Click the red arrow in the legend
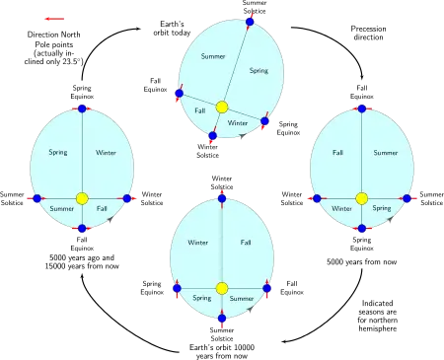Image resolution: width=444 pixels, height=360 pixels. (x=54, y=19)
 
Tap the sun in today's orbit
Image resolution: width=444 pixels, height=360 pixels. (x=222, y=108)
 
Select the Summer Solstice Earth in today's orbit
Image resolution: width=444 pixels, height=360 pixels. (x=250, y=22)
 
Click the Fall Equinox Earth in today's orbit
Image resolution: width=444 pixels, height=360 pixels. (x=180, y=93)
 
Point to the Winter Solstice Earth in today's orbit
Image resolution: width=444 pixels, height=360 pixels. (x=213, y=135)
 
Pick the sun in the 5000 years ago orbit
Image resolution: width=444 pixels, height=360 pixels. (x=82, y=198)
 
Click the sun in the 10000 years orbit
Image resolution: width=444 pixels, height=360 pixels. (x=222, y=288)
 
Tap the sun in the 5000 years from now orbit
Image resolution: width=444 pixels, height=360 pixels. (x=362, y=198)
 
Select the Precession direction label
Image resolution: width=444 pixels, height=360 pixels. (x=368, y=33)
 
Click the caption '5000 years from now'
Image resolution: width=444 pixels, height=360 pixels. (x=361, y=262)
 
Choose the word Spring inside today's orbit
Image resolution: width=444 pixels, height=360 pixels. (x=259, y=71)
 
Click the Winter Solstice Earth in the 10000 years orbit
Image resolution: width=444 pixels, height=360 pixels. (x=222, y=198)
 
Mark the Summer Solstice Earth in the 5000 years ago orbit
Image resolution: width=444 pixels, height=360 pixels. (x=37, y=198)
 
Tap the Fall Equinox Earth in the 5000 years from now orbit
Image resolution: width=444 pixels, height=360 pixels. (x=362, y=108)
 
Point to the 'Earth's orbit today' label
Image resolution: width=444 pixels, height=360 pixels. (x=172, y=29)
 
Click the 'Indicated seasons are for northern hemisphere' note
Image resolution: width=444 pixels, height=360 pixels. (x=378, y=316)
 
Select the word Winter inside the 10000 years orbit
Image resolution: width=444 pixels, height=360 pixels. (x=198, y=243)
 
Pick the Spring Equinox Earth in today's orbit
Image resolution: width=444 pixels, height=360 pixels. (x=264, y=121)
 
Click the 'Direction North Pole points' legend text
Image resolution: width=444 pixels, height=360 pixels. (x=53, y=39)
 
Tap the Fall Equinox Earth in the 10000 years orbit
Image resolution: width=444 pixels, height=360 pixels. (x=267, y=288)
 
